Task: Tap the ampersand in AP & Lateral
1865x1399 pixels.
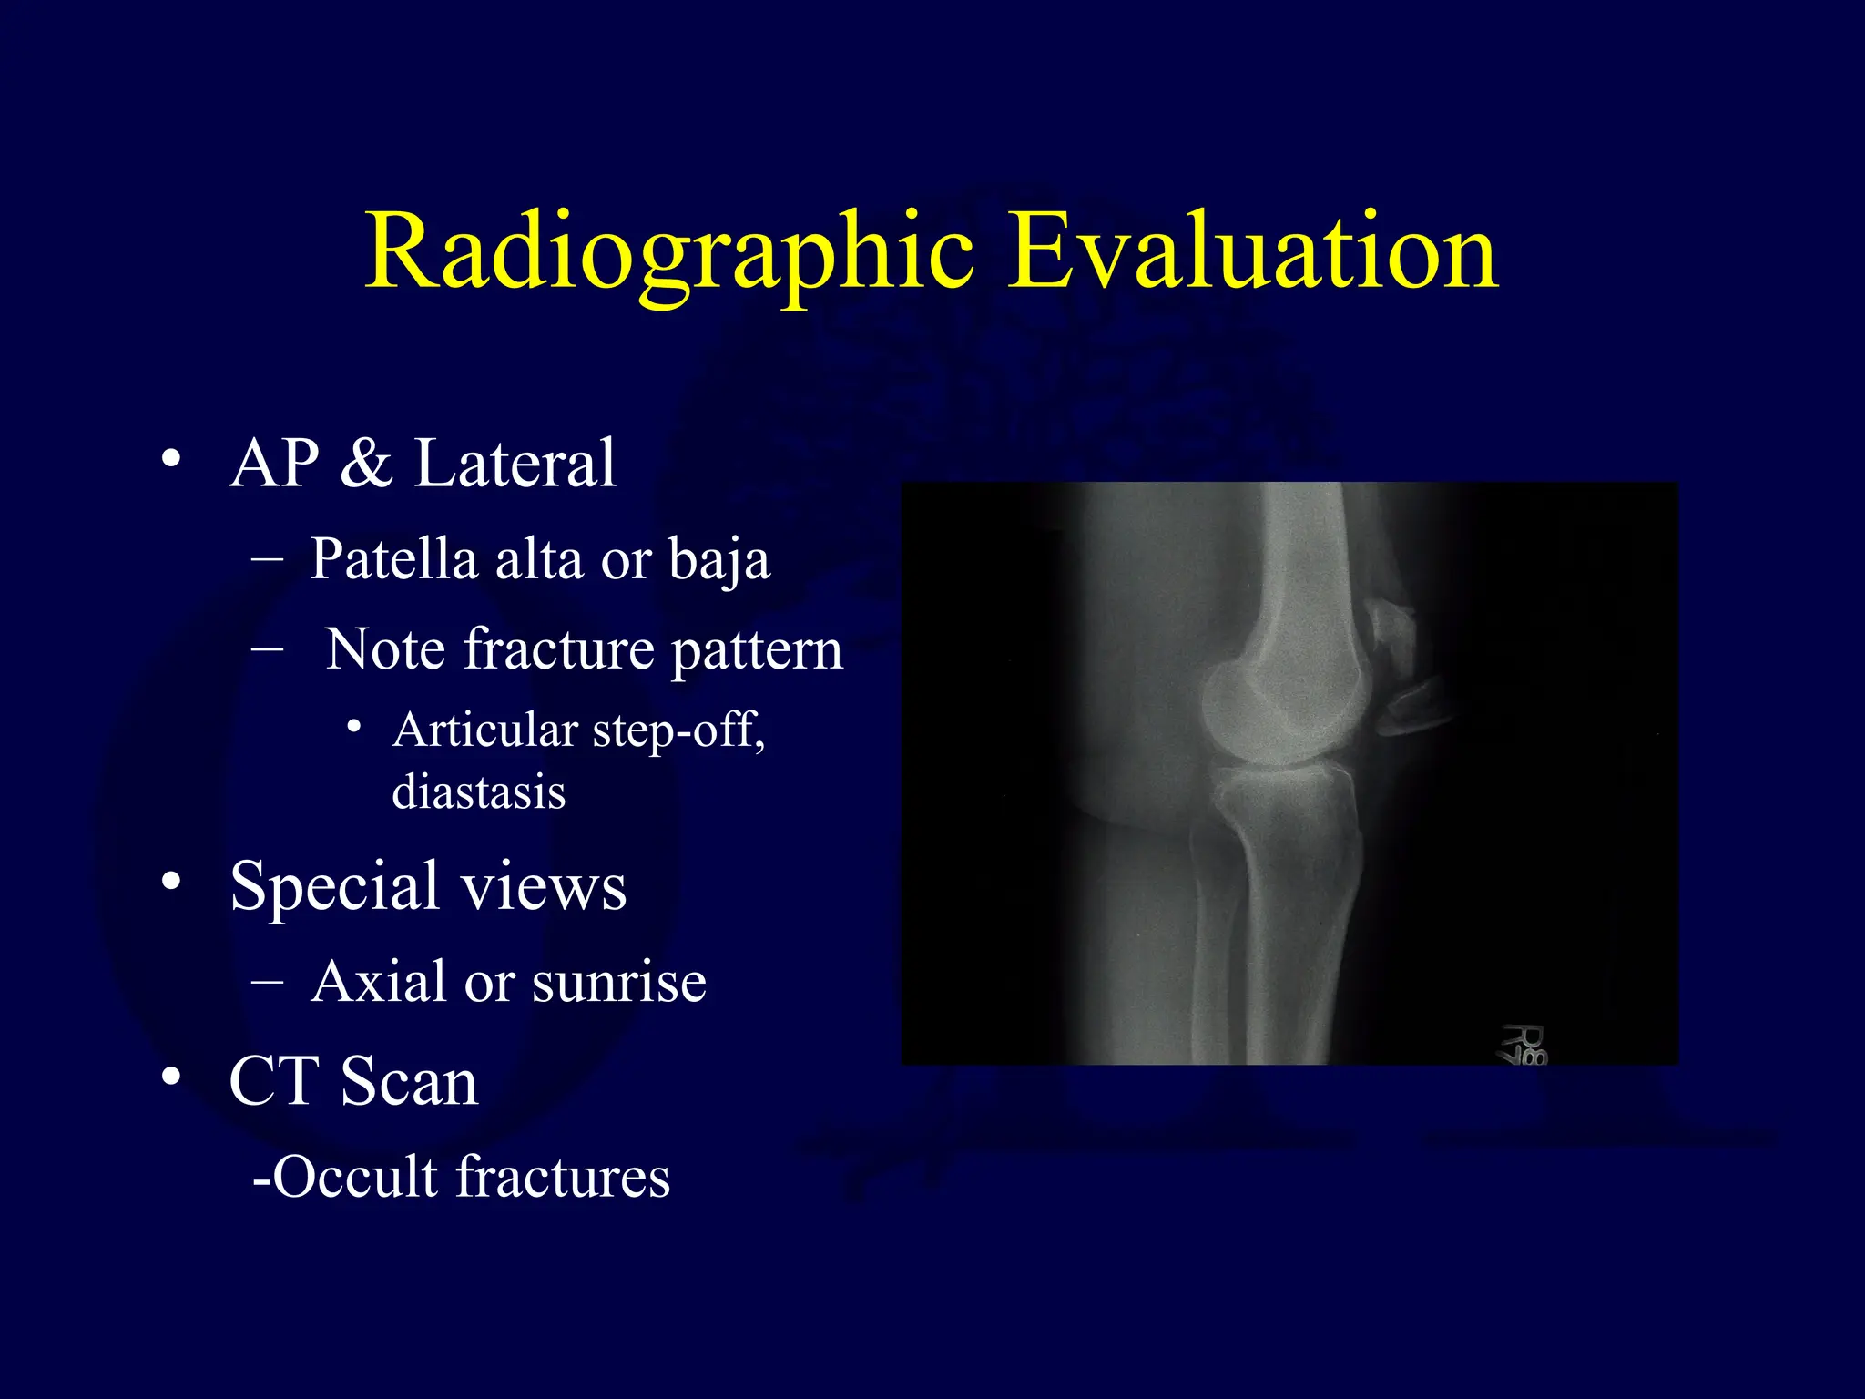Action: (366, 464)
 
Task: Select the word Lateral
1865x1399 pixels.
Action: (515, 464)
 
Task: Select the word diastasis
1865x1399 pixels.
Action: (479, 791)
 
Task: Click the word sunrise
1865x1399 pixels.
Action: (619, 982)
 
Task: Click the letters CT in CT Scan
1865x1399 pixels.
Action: (274, 1082)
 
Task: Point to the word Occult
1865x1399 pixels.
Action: (355, 1177)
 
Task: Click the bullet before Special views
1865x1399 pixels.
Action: (171, 882)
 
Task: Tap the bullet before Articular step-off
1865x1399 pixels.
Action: (354, 727)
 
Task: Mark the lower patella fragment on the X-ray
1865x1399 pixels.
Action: (1411, 706)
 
